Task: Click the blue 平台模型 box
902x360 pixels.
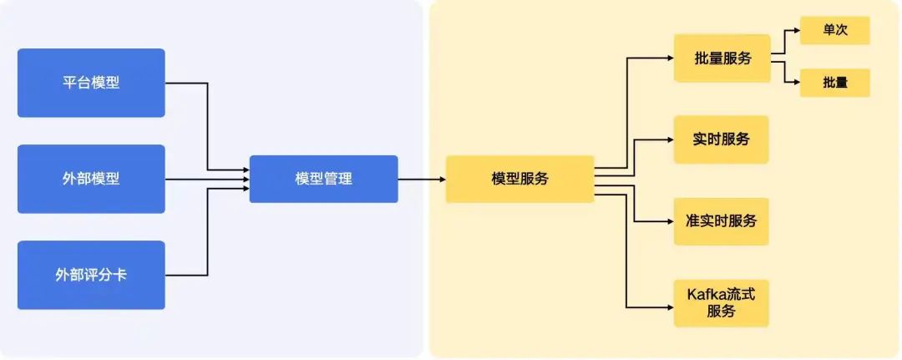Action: click(91, 83)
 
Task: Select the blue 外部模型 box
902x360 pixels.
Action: click(91, 179)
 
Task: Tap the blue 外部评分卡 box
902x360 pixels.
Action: click(91, 275)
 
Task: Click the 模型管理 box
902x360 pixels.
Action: click(323, 179)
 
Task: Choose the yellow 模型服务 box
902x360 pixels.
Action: click(519, 179)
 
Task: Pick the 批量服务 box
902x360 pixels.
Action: click(722, 58)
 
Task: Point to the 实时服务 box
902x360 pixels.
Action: click(722, 139)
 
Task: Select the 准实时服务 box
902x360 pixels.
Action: click(722, 221)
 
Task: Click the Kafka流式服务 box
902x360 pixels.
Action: click(722, 303)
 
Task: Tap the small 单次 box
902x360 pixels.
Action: click(834, 30)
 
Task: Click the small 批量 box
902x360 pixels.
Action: click(834, 83)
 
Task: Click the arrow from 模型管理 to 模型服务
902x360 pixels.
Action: click(422, 179)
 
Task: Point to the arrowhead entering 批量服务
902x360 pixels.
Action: click(670, 58)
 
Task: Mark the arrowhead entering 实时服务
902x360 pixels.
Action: click(670, 139)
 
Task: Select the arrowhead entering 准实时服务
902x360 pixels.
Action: click(670, 221)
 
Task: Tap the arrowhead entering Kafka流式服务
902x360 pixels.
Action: click(670, 307)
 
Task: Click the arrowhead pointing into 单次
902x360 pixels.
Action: click(797, 30)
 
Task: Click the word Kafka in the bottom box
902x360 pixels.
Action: click(703, 296)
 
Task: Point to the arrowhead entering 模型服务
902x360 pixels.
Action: click(443, 179)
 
